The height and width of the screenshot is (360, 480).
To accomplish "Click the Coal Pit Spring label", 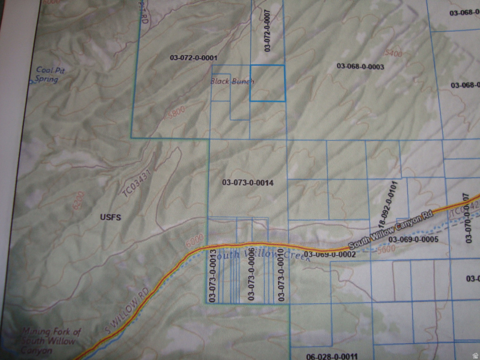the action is click(50, 75).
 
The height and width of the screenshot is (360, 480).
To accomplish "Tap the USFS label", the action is click(111, 217).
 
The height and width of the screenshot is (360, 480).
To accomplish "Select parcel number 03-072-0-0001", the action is click(194, 58).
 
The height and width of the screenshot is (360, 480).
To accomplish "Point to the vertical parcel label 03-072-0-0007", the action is click(267, 30).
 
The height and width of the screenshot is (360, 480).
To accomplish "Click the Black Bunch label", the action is click(232, 81).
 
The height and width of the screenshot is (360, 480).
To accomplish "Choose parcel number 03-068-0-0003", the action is click(360, 67).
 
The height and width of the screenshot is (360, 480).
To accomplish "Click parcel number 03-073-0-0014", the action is click(247, 182).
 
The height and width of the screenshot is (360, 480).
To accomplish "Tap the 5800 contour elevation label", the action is click(176, 111).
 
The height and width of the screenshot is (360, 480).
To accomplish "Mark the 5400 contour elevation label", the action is click(393, 54).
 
